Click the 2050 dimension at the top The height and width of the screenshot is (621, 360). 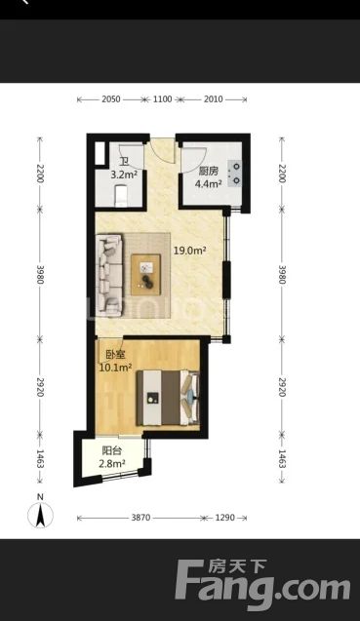[x=110, y=99]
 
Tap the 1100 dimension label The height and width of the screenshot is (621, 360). [x=163, y=99]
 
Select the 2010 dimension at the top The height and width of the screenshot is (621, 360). [x=214, y=99]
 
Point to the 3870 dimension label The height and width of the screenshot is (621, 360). [x=140, y=518]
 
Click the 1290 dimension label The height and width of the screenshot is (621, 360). [x=224, y=518]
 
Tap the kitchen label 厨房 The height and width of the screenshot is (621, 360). [x=208, y=172]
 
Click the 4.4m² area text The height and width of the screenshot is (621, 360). [x=208, y=183]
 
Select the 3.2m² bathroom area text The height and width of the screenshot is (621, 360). [x=124, y=175]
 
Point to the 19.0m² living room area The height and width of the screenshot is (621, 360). [x=189, y=251]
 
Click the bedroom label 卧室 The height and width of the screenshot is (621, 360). [x=115, y=354]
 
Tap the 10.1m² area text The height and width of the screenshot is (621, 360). [x=115, y=368]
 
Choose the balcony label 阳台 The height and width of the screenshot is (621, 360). [x=112, y=450]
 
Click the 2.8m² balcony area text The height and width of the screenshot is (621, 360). [x=112, y=463]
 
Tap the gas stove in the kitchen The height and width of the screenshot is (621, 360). [x=235, y=174]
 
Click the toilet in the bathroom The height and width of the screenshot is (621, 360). [x=121, y=196]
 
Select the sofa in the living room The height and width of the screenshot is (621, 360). [x=109, y=275]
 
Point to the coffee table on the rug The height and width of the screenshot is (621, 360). [x=146, y=275]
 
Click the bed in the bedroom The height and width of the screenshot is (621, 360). [x=167, y=398]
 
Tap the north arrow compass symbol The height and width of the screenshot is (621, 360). [x=40, y=515]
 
